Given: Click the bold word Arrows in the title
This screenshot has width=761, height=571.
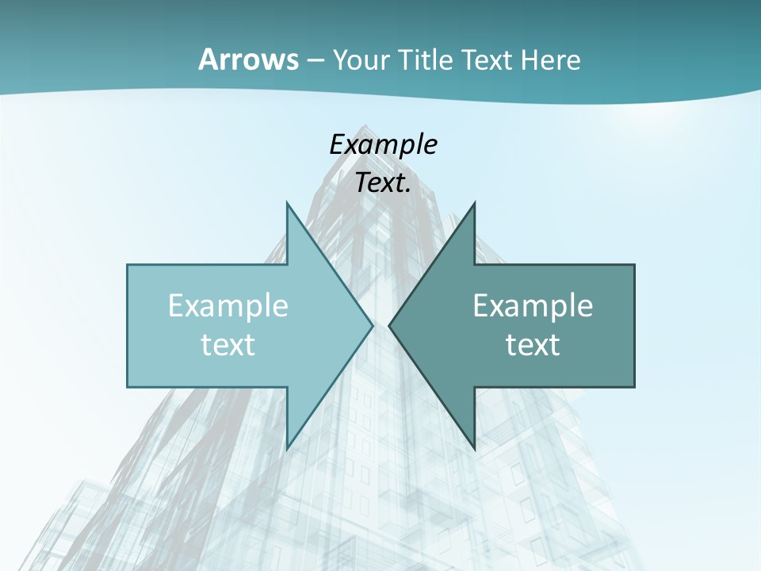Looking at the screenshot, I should point(248,59).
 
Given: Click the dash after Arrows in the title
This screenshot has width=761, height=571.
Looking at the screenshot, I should point(315,60).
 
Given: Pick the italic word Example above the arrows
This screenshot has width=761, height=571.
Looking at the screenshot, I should point(383,144).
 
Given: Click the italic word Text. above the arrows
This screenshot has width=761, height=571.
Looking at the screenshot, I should point(383,183).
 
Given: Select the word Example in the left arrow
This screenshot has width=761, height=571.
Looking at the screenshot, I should point(228,305).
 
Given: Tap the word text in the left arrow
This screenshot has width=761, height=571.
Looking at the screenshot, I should point(228,344).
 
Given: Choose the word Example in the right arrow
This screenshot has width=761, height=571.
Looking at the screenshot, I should point(533,305).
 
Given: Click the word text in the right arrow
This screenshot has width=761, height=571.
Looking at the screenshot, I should point(533,344).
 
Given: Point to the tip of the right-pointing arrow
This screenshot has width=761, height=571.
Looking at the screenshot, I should point(373,325).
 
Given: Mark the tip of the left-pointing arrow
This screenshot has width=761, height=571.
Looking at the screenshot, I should point(388,325).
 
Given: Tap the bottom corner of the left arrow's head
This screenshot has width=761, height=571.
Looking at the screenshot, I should point(287,449).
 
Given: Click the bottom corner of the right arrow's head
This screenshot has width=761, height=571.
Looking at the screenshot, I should point(474,449).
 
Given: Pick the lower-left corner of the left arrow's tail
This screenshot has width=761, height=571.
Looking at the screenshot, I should point(128,387).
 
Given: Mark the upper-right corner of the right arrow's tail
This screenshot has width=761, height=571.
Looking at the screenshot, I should point(634,265).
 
